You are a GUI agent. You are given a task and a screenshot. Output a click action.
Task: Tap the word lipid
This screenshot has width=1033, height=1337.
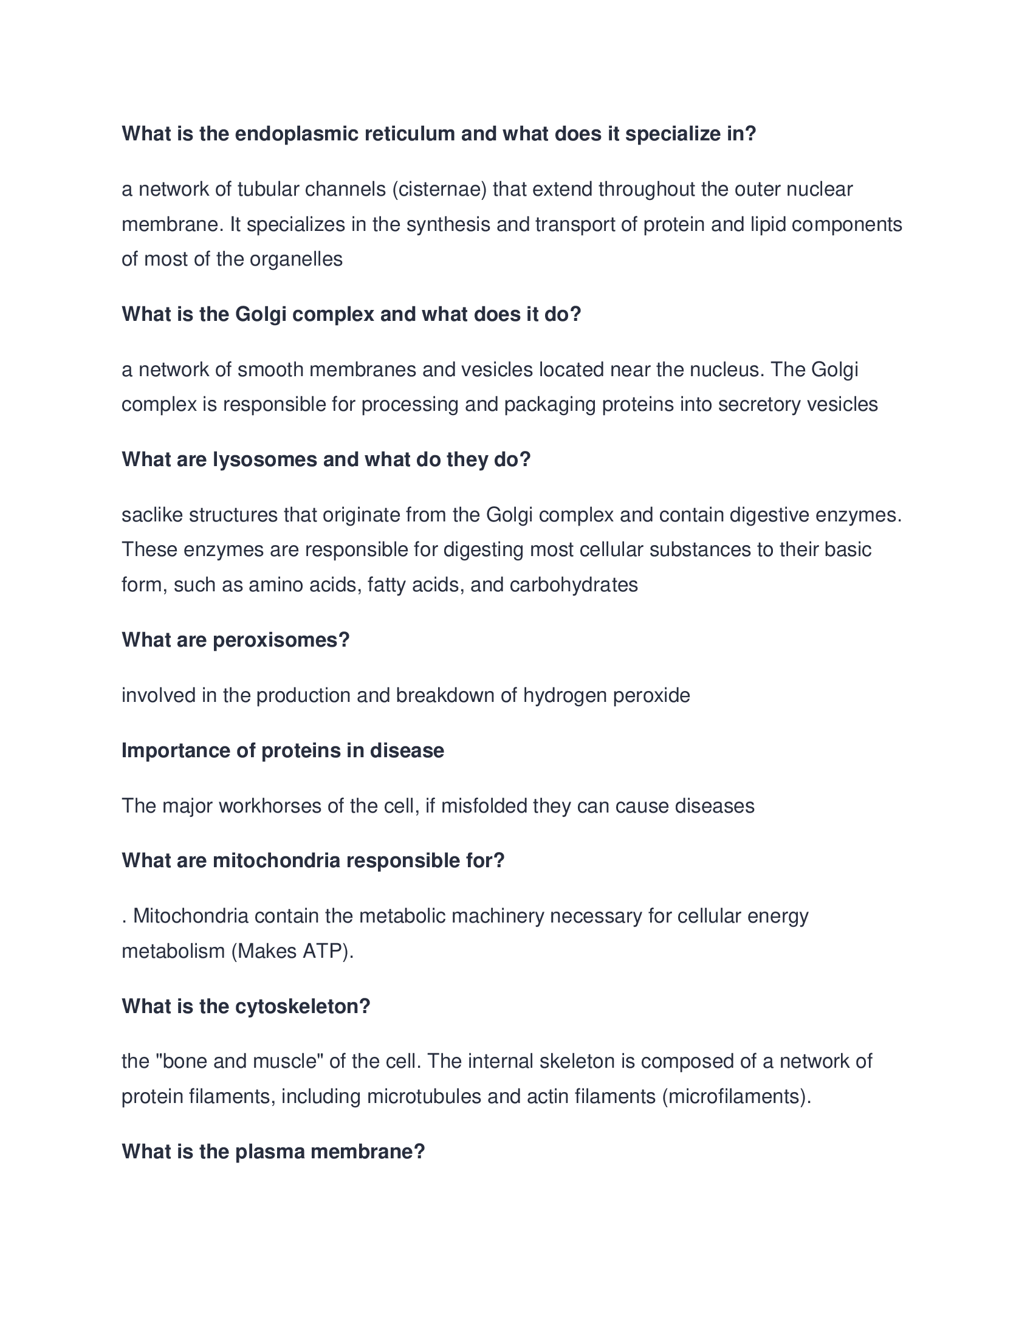pos(768,225)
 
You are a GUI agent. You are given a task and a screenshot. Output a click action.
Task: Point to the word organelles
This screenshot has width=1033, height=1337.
pos(296,259)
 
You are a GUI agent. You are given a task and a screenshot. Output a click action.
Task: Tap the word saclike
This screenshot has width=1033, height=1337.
pos(153,515)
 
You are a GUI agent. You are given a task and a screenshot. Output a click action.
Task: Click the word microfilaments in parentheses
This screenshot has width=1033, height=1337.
pos(736,1096)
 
